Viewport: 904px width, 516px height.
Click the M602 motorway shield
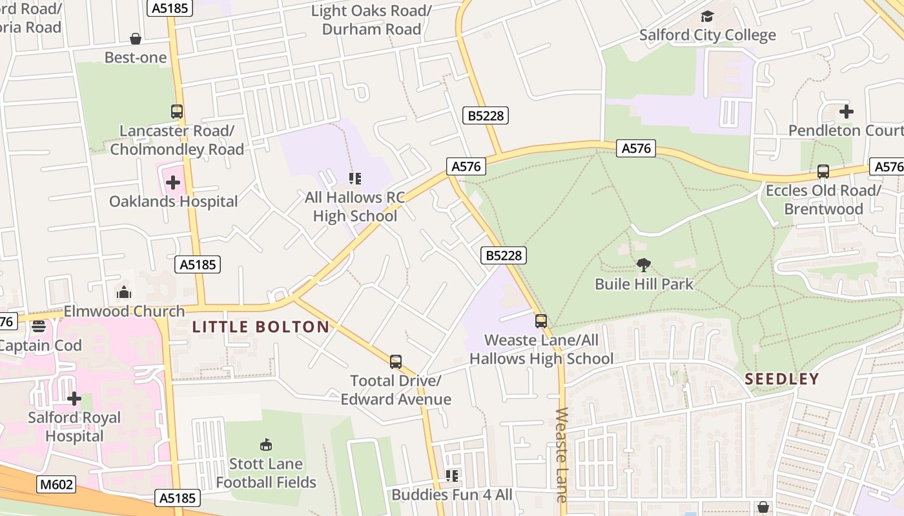(x=56, y=484)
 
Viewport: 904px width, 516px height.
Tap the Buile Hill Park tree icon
(x=643, y=264)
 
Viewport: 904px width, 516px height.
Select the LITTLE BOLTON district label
(x=261, y=327)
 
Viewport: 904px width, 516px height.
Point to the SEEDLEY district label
(x=781, y=379)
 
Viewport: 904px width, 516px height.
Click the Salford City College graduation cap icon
(x=707, y=16)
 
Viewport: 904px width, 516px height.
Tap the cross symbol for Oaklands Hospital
(x=173, y=183)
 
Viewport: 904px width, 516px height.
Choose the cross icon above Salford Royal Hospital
(x=74, y=399)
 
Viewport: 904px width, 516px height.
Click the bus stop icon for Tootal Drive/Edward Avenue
(x=395, y=362)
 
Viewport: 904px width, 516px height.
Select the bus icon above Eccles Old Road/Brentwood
(x=823, y=172)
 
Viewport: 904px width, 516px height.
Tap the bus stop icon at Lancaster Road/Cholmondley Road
(x=177, y=112)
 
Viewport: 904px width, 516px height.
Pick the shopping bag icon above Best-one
(x=136, y=39)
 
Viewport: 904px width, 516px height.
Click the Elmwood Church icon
(x=124, y=293)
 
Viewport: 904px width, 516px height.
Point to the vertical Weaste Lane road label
(x=560, y=455)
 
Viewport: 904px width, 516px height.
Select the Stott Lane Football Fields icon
(x=265, y=444)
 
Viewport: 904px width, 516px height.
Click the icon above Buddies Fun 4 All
(x=452, y=476)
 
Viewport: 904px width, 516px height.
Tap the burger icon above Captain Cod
(x=38, y=326)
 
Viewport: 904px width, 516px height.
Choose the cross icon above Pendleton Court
(x=846, y=112)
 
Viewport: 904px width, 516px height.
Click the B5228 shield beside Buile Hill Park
(x=504, y=255)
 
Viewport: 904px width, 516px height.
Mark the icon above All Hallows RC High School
(x=354, y=178)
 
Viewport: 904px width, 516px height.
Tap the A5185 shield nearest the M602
(x=178, y=498)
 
